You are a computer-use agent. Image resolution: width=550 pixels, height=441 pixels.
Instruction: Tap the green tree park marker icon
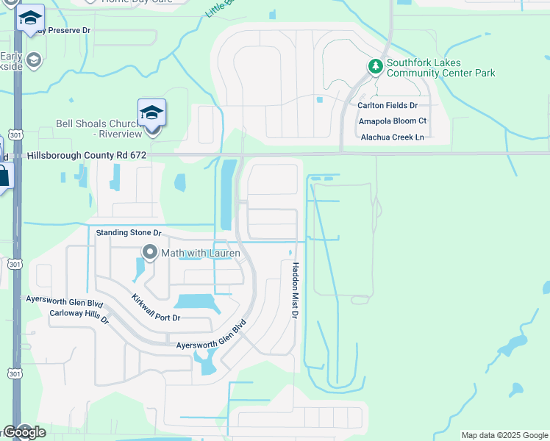tap(376, 67)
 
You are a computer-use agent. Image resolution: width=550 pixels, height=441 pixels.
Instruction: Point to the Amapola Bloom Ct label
tap(392, 121)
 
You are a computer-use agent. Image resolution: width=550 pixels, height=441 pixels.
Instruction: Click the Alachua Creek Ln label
tap(392, 137)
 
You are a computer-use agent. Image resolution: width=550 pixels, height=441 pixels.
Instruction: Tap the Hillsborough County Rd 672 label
tap(87, 156)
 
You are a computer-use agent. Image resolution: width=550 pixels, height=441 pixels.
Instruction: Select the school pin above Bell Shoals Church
tap(151, 113)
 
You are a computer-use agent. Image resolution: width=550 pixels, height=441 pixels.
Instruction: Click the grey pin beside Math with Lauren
tap(151, 253)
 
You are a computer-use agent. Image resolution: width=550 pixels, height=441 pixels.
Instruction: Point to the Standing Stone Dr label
tap(129, 233)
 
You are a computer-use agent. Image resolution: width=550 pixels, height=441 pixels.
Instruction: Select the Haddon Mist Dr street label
tap(295, 290)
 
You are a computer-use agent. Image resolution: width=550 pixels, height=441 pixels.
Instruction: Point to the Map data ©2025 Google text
tap(504, 435)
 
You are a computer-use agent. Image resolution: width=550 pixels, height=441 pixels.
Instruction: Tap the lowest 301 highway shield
tap(14, 374)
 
